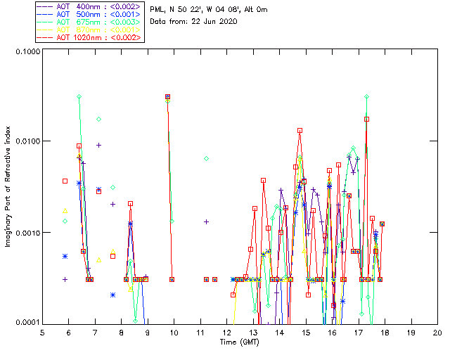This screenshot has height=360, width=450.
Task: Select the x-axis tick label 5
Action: click(42, 331)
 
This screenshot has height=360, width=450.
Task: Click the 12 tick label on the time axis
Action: click(226, 331)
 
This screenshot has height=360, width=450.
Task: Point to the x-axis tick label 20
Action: click(437, 331)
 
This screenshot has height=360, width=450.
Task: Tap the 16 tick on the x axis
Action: click(332, 331)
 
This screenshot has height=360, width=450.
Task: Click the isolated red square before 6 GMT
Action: click(65, 181)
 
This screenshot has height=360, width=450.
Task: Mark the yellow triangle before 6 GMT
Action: click(65, 210)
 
